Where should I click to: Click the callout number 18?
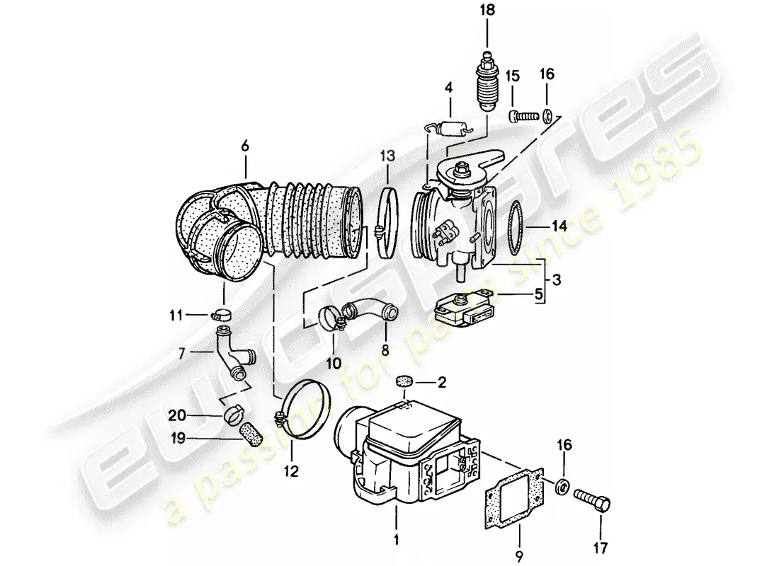pyautogui.click(x=487, y=11)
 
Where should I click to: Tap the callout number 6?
pyautogui.click(x=245, y=146)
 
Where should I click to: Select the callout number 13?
pyautogui.click(x=387, y=156)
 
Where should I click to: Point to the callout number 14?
pyautogui.click(x=559, y=226)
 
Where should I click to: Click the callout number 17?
pyautogui.click(x=601, y=548)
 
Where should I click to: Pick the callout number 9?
pyautogui.click(x=520, y=557)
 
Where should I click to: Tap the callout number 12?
pyautogui.click(x=291, y=471)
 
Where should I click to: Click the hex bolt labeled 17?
pyautogui.click(x=592, y=499)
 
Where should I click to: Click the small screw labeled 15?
pyautogui.click(x=523, y=117)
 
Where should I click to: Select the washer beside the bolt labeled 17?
pyautogui.click(x=562, y=487)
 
